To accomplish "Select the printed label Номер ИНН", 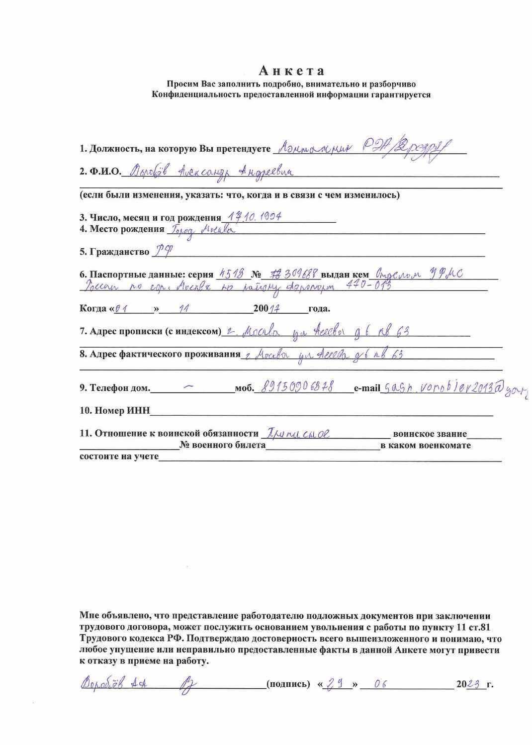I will [x=114, y=411].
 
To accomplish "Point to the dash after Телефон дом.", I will [x=189, y=386].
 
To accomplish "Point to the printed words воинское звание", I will [x=430, y=434].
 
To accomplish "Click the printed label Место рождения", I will [x=122, y=229].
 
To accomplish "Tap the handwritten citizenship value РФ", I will [x=159, y=251].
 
